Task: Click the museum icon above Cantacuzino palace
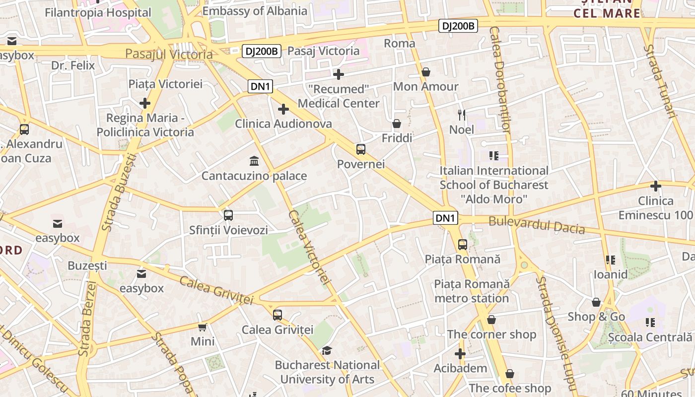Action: click(x=255, y=161)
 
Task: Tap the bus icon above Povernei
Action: click(x=361, y=149)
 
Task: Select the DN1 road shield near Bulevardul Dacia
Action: click(x=445, y=218)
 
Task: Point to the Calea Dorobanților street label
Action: click(x=499, y=79)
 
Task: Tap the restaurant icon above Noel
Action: click(x=462, y=115)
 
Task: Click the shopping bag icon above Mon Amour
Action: click(x=425, y=72)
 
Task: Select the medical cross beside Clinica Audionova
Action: click(x=283, y=109)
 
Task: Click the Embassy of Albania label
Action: click(x=255, y=11)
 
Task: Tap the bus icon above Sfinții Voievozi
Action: click(x=228, y=215)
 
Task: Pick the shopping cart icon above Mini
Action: click(x=203, y=327)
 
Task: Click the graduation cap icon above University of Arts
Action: click(x=327, y=351)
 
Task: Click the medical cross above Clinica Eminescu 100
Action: click(x=656, y=186)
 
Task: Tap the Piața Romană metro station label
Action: click(x=472, y=291)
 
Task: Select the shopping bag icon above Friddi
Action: click(x=397, y=124)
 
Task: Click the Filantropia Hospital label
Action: click(x=98, y=12)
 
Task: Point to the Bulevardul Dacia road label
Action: click(x=537, y=225)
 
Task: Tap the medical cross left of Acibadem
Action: click(x=460, y=354)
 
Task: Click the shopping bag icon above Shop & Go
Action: click(x=596, y=302)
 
